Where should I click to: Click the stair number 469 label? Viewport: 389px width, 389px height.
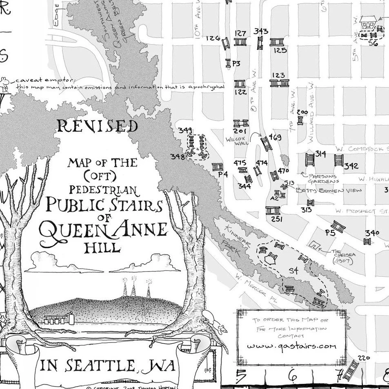[276, 138]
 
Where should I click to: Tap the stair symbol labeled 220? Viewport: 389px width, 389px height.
[351, 370]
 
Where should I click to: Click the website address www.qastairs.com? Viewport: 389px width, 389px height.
[291, 346]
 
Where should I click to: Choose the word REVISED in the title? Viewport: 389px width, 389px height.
[97, 127]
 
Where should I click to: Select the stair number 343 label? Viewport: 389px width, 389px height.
[260, 31]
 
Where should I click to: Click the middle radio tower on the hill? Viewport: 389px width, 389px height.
[134, 288]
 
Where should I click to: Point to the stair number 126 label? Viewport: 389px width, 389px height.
[213, 38]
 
